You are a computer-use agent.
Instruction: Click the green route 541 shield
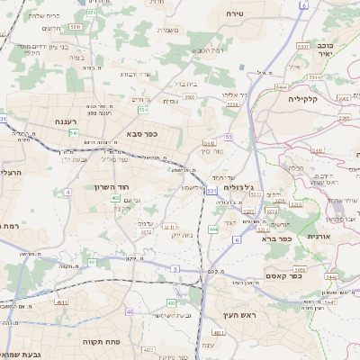pyautogui.click(x=73, y=132)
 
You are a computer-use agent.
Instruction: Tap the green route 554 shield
pyautogui.click(x=142, y=109)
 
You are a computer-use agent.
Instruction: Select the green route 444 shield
pyautogui.click(x=213, y=229)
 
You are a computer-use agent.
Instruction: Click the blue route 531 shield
pyautogui.click(x=210, y=191)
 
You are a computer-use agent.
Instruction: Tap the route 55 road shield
pyautogui.click(x=229, y=136)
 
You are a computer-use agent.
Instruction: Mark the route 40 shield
pyautogui.click(x=130, y=311)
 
